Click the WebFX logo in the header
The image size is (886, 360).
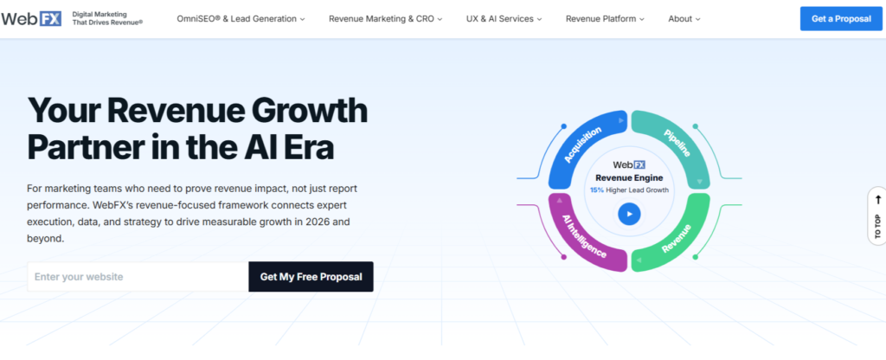[31, 19]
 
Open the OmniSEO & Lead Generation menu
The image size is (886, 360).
[241, 19]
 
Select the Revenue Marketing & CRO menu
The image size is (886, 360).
[385, 19]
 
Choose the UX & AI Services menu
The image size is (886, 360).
[504, 19]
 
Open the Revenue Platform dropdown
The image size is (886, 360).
[605, 19]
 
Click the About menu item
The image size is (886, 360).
[684, 19]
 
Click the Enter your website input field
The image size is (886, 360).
[138, 277]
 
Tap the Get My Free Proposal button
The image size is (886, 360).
[311, 277]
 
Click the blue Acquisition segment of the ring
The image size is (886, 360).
[582, 145]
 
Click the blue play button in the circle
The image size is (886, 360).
[629, 215]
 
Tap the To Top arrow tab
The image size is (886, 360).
[877, 216]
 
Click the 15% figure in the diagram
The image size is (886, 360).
[597, 190]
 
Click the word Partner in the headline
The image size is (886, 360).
[84, 147]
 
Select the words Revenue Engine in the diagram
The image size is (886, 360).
[629, 178]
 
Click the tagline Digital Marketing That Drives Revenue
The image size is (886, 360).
[107, 18]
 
